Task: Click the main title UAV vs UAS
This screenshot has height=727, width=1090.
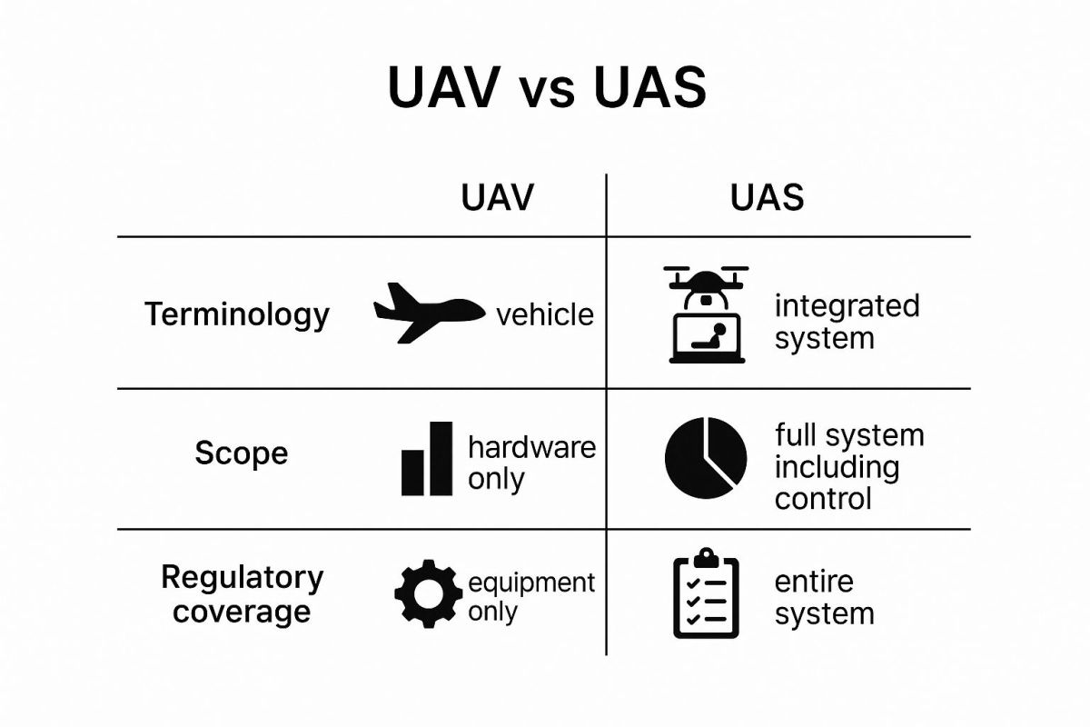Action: pos(547,87)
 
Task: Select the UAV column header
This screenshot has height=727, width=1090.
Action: pos(498,198)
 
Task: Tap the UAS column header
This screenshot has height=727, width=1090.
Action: pos(767,198)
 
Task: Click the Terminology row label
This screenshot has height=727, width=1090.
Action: pos(237,315)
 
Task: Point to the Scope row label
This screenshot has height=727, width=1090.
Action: pos(242,453)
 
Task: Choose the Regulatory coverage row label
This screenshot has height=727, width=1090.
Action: pos(242,594)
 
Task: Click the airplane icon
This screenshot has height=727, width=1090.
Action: pos(429,314)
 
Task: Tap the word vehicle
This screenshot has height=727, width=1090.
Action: pos(545,314)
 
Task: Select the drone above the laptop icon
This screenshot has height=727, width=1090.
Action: pos(706,288)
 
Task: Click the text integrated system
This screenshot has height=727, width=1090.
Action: pos(847,322)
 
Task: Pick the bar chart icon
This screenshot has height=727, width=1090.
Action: pos(427,459)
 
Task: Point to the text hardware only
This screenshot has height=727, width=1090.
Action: pos(532,463)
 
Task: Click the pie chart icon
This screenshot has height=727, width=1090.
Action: pos(706,458)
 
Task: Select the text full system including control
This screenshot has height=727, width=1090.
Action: pos(849,466)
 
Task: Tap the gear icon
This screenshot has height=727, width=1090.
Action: pos(428,594)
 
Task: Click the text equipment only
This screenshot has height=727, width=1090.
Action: pos(531,597)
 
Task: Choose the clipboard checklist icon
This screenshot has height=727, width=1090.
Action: pos(706,593)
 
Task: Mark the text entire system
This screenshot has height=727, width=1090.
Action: pos(825,598)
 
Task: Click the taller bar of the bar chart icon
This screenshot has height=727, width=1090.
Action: pos(441,459)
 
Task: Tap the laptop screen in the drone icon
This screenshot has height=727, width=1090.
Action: pos(707,336)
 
